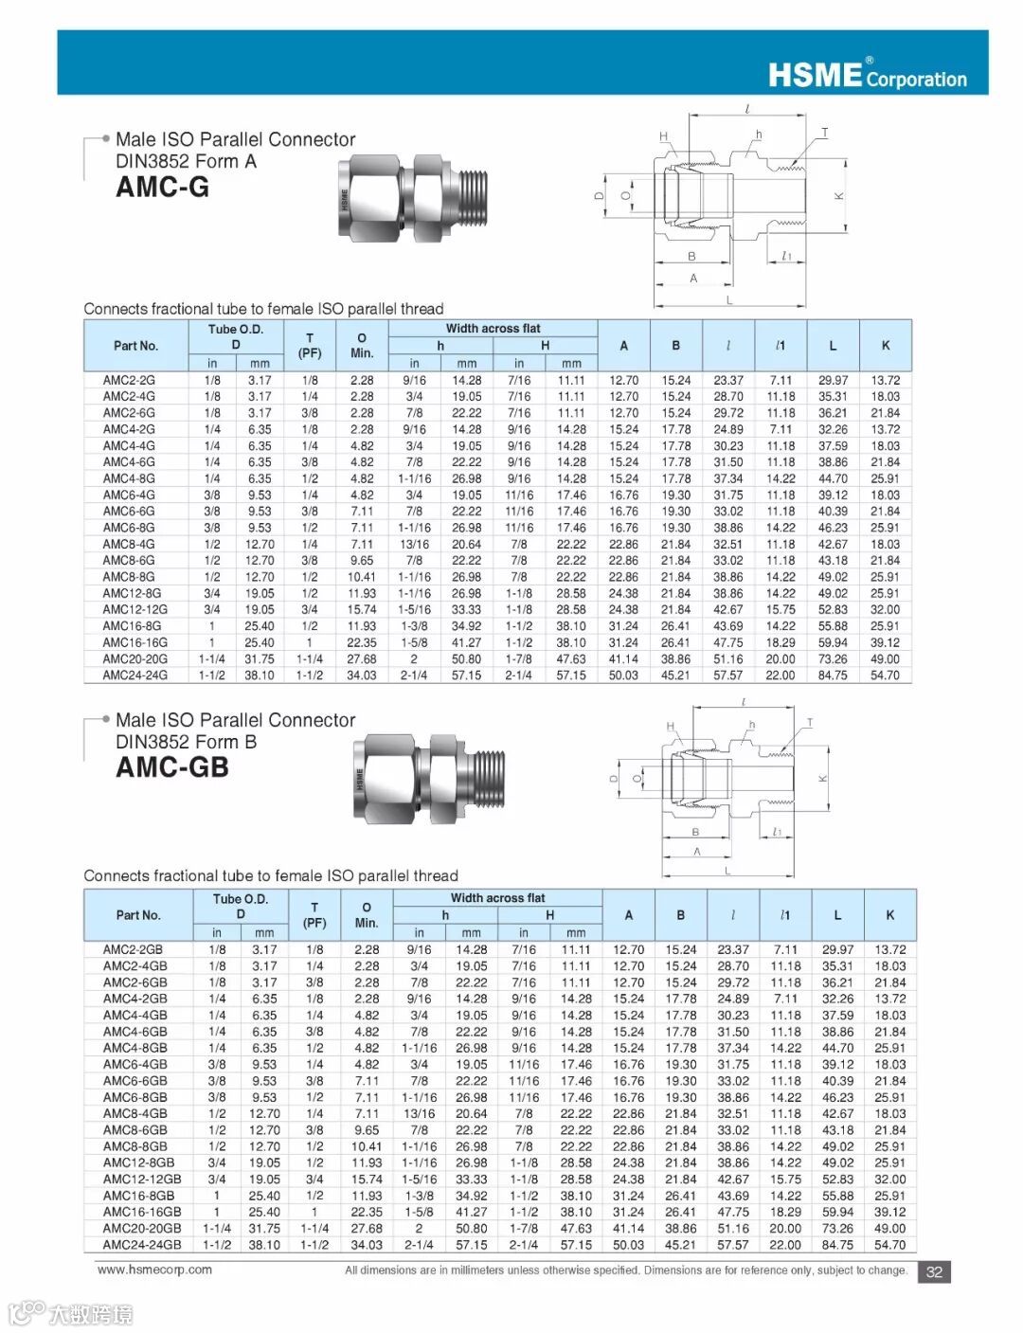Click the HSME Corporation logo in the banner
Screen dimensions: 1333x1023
tap(867, 74)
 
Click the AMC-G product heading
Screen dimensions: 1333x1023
tap(162, 187)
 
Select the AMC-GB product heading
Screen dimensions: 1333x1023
tap(172, 766)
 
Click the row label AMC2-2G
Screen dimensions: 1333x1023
tap(129, 380)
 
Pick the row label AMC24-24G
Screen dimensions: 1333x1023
tap(135, 676)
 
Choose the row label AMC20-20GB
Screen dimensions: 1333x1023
tap(142, 1228)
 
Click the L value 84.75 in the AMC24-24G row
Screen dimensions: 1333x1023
tap(833, 676)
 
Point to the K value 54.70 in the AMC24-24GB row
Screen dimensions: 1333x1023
tap(889, 1244)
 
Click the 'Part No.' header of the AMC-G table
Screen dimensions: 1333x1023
tap(135, 346)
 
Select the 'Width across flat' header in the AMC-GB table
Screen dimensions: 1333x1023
tap(497, 898)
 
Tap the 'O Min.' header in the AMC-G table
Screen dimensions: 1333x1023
tap(362, 345)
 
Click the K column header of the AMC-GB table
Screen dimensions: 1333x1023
tap(889, 915)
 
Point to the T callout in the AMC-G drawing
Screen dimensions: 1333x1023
tap(824, 133)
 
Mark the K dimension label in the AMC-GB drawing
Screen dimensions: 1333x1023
tap(822, 779)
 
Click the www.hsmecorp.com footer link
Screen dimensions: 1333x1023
tap(154, 1270)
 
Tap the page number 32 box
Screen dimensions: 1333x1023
tap(934, 1271)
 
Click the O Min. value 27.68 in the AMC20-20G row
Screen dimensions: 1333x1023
tap(362, 659)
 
